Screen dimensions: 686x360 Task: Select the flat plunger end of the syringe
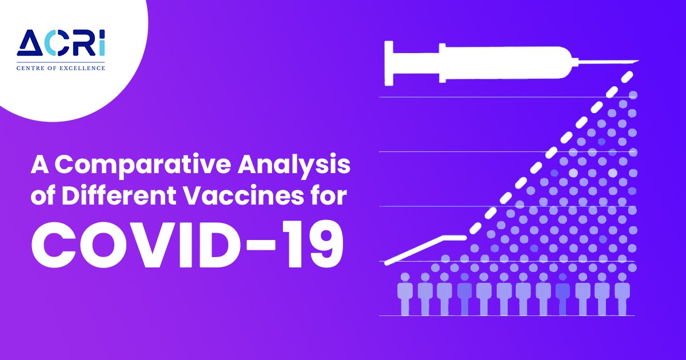pos(389,63)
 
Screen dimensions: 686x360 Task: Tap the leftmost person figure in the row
pos(405,294)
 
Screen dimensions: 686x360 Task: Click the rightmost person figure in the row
pos(622,294)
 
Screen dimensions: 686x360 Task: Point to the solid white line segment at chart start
pos(425,250)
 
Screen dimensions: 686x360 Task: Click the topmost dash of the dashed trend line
pos(627,77)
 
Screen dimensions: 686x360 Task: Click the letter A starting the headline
pos(40,165)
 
